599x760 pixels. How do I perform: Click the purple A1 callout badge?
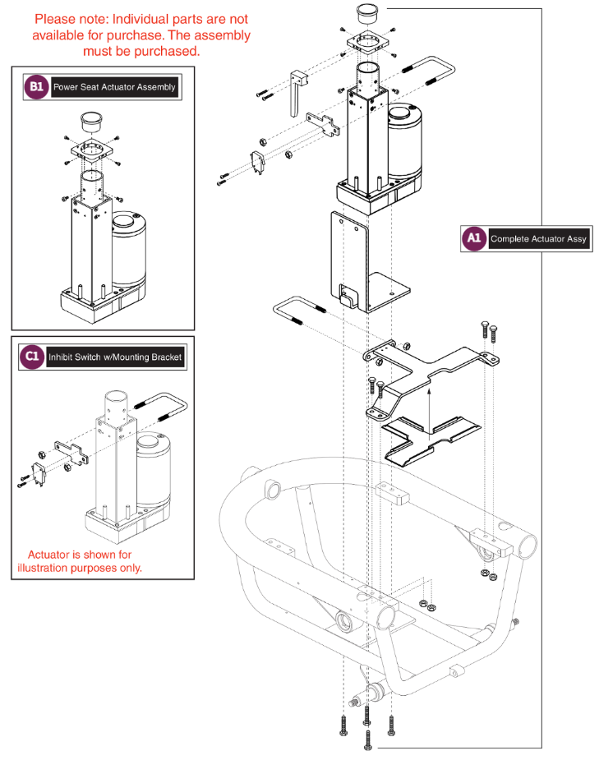(x=473, y=238)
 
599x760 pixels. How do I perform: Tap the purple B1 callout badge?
(x=35, y=86)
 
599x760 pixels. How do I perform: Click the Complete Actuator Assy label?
(x=538, y=239)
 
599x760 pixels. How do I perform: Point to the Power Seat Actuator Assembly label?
(x=114, y=87)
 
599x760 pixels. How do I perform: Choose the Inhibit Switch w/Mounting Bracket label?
(x=115, y=357)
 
